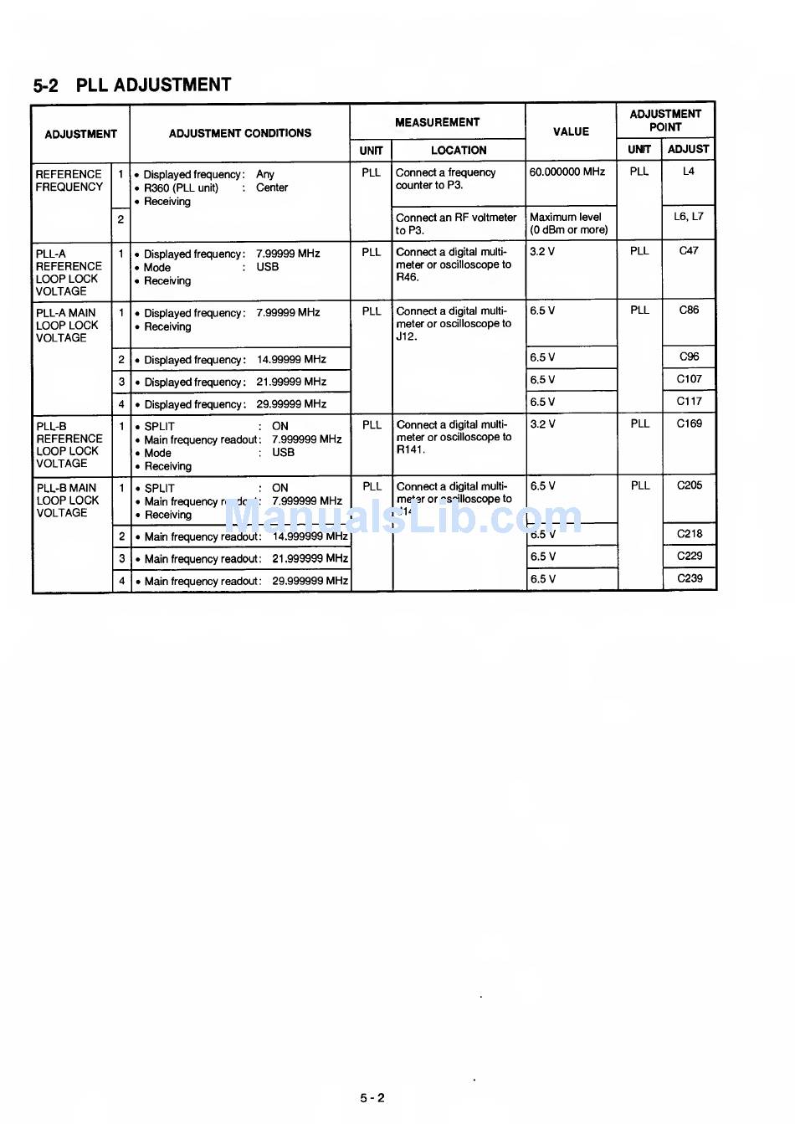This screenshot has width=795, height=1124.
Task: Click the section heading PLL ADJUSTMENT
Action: click(x=132, y=85)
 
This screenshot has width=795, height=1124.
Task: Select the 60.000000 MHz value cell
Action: click(x=567, y=172)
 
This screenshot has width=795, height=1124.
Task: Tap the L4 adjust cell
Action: click(x=689, y=172)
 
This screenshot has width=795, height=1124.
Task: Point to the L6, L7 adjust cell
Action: click(x=689, y=217)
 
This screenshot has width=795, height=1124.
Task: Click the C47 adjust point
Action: click(x=689, y=251)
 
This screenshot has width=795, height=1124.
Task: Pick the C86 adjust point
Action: click(x=689, y=311)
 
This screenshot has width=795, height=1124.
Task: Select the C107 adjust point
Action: click(x=689, y=379)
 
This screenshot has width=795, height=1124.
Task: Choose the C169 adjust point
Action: click(x=690, y=424)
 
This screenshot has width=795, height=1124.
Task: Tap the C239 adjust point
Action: click(x=690, y=578)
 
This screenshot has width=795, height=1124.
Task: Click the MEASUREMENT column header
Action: click(x=437, y=122)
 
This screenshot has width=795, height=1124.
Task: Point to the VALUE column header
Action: click(x=571, y=132)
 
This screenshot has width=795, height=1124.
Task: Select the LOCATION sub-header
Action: click(x=458, y=151)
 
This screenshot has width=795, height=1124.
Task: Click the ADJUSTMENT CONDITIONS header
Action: click(x=239, y=133)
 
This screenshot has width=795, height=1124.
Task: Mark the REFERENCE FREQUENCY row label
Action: click(x=69, y=181)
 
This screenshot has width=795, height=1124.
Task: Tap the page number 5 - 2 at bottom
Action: click(x=372, y=1098)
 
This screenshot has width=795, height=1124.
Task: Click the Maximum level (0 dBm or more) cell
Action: click(x=568, y=223)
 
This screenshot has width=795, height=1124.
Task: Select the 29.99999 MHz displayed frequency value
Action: click(x=291, y=404)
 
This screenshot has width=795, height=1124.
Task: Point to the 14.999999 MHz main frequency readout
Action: click(x=310, y=537)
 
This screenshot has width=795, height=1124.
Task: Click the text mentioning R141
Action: click(x=410, y=450)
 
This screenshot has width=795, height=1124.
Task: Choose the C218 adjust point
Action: click(x=690, y=534)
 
